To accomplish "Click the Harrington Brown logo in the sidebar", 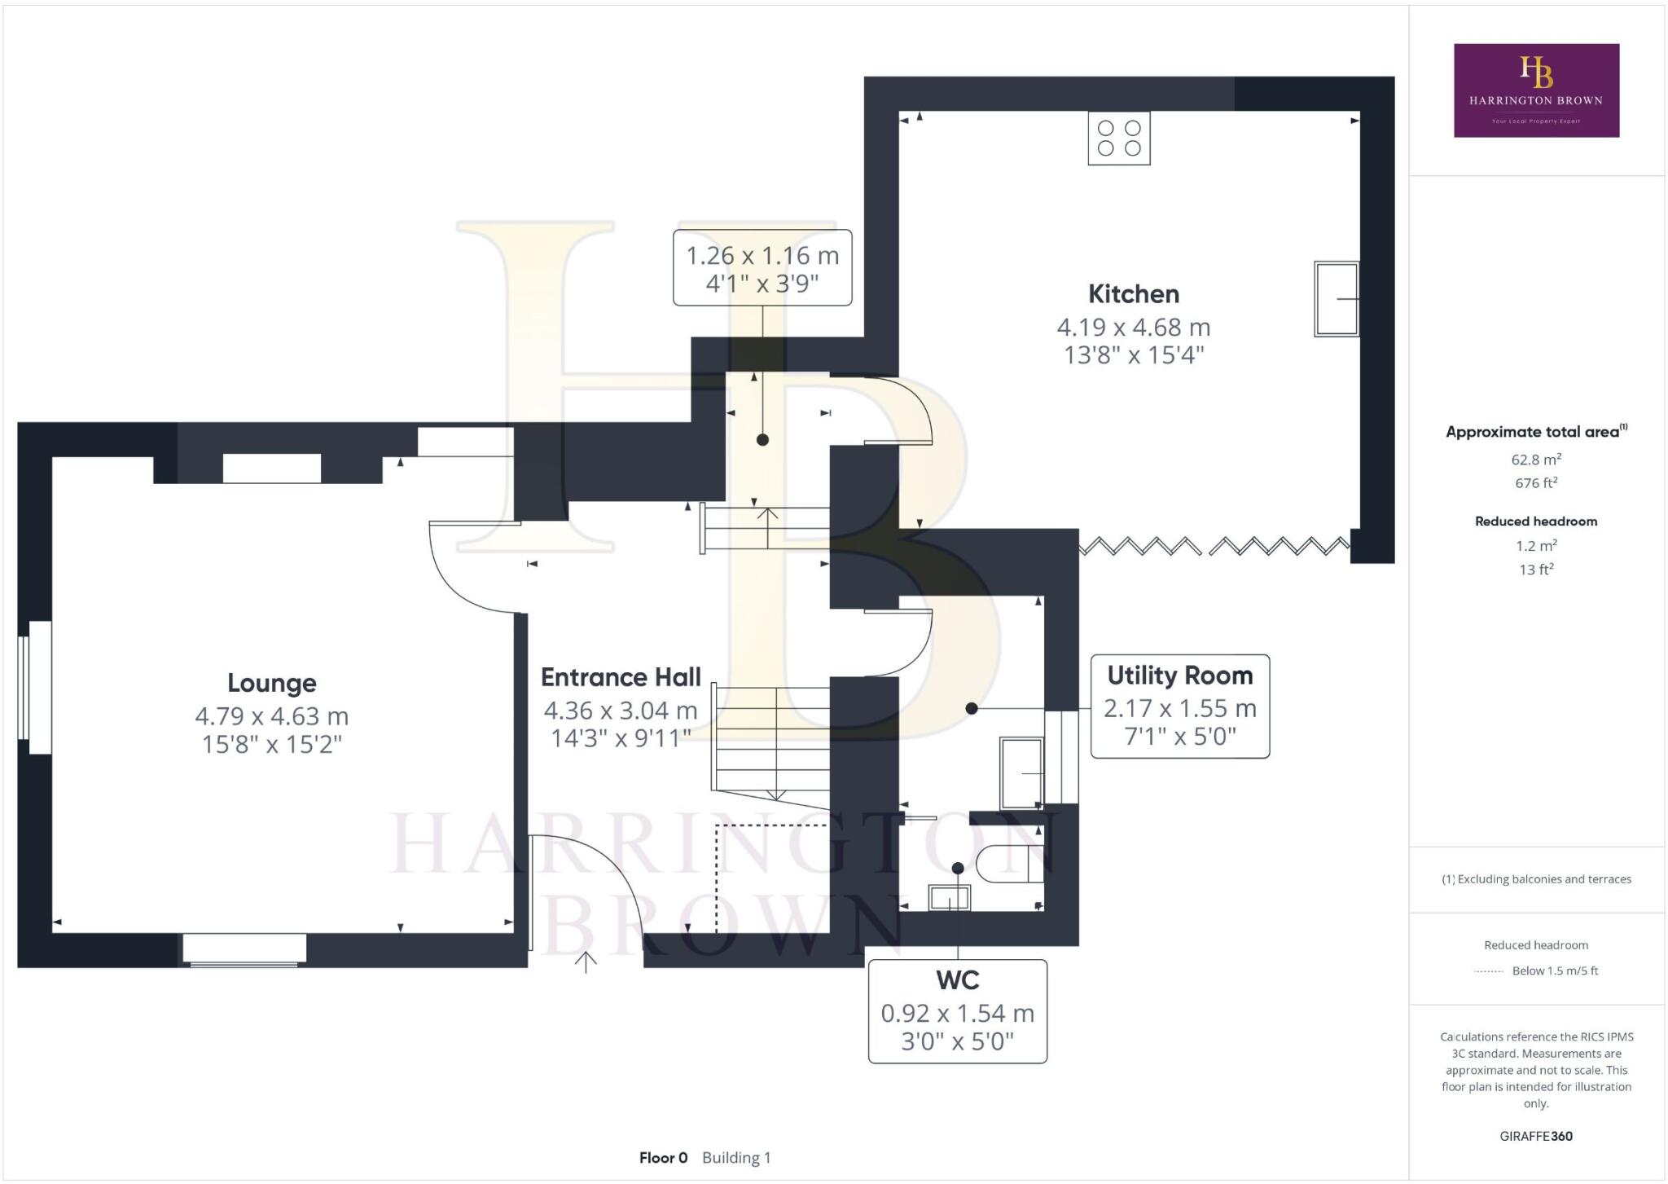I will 1536,90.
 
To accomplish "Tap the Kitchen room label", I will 1133,294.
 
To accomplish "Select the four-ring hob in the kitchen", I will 1119,139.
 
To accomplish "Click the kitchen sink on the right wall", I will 1337,299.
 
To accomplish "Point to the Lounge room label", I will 271,683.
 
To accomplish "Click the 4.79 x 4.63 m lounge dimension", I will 271,716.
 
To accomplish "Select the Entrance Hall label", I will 621,677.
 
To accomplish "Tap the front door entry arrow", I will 586,962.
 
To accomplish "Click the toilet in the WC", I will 1010,865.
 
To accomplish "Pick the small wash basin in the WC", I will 950,898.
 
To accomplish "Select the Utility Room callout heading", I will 1179,676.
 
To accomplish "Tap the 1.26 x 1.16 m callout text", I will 762,256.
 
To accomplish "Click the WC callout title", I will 957,980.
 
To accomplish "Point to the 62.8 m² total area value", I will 1536,460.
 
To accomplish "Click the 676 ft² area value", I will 1536,483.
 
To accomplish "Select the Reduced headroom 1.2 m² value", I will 1536,546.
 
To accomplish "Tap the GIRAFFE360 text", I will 1536,1136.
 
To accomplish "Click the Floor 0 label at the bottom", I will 663,1158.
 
